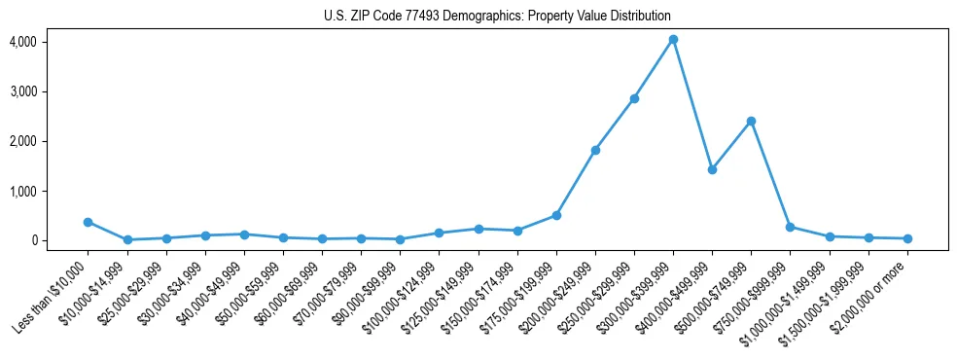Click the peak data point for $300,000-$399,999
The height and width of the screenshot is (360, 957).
point(673,40)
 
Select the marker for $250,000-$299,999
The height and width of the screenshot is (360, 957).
point(634,98)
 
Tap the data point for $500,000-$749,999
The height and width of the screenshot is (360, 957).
point(751,121)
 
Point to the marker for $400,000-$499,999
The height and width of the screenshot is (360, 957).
point(712,169)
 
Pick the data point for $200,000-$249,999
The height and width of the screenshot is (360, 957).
point(595,150)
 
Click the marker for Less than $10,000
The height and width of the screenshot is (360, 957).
point(88,222)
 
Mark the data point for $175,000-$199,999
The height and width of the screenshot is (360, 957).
point(556,215)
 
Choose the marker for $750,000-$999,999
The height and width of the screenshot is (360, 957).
point(790,227)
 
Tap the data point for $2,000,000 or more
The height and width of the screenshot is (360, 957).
point(907,238)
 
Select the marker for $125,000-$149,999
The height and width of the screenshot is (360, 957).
point(478,229)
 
